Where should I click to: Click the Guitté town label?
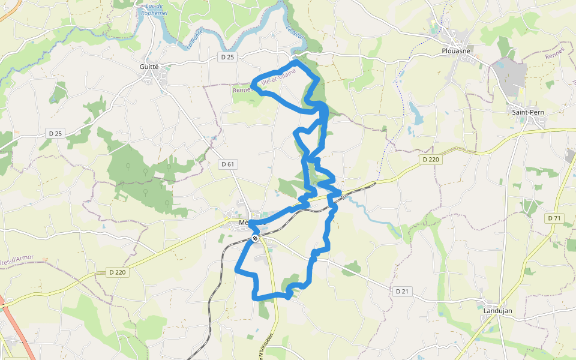pyautogui.click(x=149, y=67)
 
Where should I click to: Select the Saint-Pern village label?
pyautogui.click(x=527, y=112)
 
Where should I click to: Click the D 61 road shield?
pyautogui.click(x=227, y=164)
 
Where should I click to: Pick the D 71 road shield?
pyautogui.click(x=554, y=218)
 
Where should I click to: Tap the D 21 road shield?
pyautogui.click(x=402, y=291)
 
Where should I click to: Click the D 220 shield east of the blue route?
pyautogui.click(x=431, y=160)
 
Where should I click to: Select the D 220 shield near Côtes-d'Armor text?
pyautogui.click(x=118, y=272)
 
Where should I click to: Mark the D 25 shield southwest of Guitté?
pyautogui.click(x=55, y=133)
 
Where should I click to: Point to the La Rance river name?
pyautogui.click(x=193, y=40)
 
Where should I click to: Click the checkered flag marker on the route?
pyautogui.click(x=255, y=238)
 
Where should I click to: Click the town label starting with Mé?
pyautogui.click(x=242, y=222)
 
